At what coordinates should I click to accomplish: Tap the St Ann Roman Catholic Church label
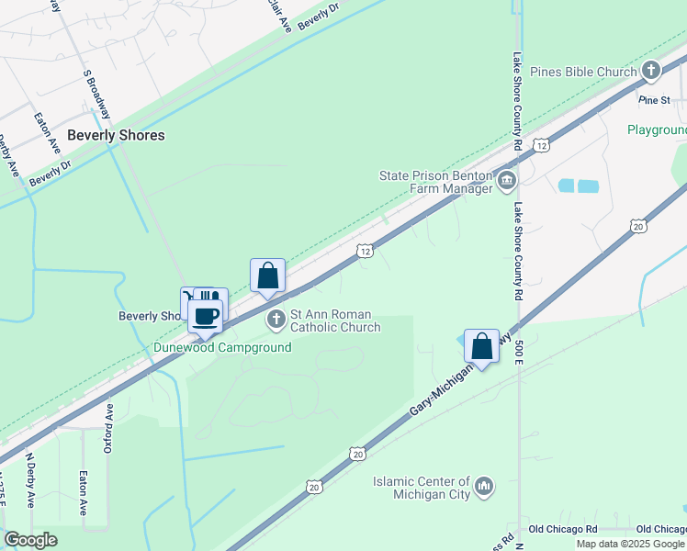(x=335, y=320)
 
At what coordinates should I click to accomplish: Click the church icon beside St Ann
(x=276, y=320)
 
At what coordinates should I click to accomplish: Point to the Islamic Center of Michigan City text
(x=422, y=488)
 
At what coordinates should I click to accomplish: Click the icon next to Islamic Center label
(x=485, y=484)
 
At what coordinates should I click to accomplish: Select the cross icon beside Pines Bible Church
(x=651, y=70)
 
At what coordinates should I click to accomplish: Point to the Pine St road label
(x=656, y=99)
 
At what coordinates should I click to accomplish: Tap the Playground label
(x=657, y=129)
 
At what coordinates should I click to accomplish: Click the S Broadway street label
(x=96, y=93)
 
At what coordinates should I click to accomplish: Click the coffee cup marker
(x=206, y=317)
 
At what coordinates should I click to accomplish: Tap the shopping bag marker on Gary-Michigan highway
(x=481, y=346)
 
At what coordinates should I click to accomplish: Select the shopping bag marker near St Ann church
(x=267, y=275)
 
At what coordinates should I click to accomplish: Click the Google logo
(x=31, y=540)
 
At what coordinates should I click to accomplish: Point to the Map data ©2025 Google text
(x=630, y=544)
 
